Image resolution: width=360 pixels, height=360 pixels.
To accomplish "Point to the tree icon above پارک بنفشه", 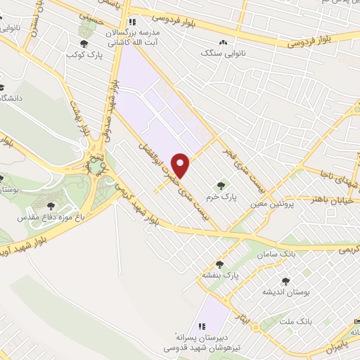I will pos(219,264).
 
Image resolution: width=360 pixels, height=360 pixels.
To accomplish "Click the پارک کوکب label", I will pos(83,54).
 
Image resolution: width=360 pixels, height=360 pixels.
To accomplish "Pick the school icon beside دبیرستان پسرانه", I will pos(201,326).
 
